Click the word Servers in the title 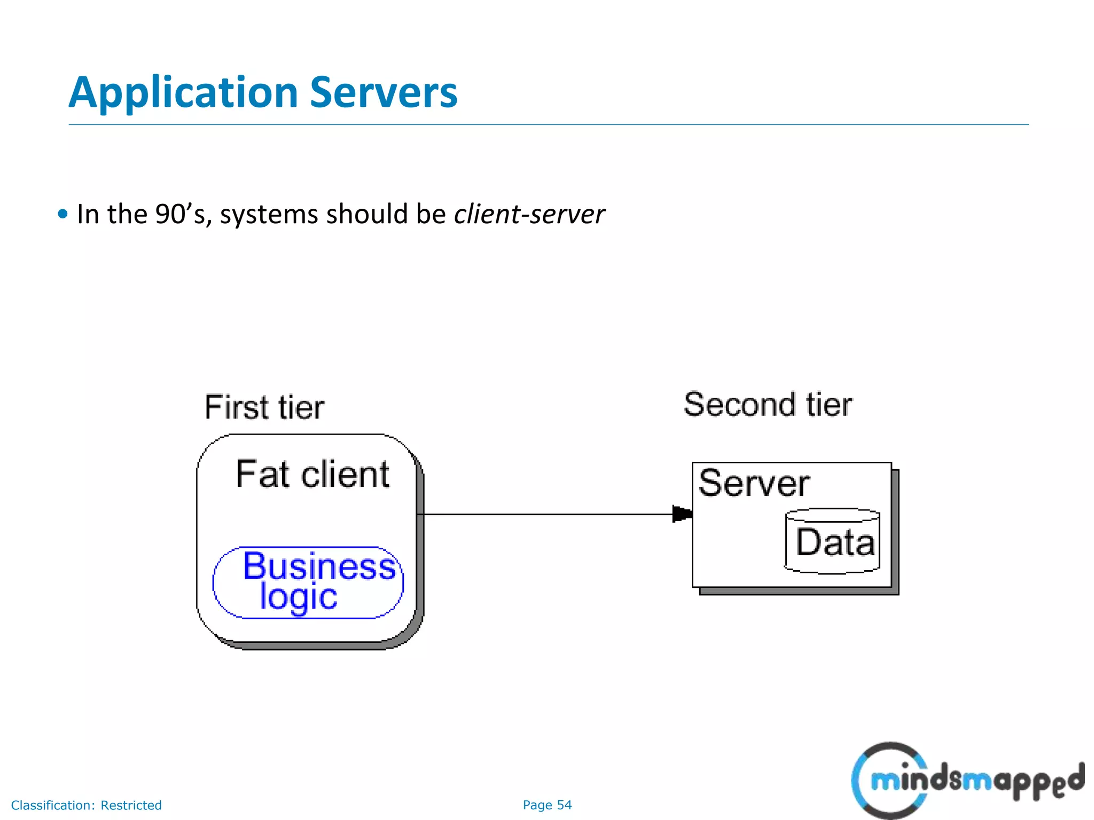pyautogui.click(x=383, y=92)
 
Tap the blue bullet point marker pyautogui.click(x=63, y=215)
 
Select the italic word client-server pyautogui.click(x=529, y=215)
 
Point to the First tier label pyautogui.click(x=264, y=408)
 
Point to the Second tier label pyautogui.click(x=768, y=405)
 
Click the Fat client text pyautogui.click(x=312, y=475)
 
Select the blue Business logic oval pyautogui.click(x=308, y=583)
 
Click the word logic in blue pyautogui.click(x=298, y=597)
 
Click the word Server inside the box pyautogui.click(x=754, y=484)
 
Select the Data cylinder pyautogui.click(x=832, y=541)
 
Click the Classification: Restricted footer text pyautogui.click(x=86, y=805)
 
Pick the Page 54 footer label pyautogui.click(x=547, y=805)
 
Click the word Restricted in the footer pyautogui.click(x=131, y=805)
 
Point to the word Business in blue pyautogui.click(x=319, y=566)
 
